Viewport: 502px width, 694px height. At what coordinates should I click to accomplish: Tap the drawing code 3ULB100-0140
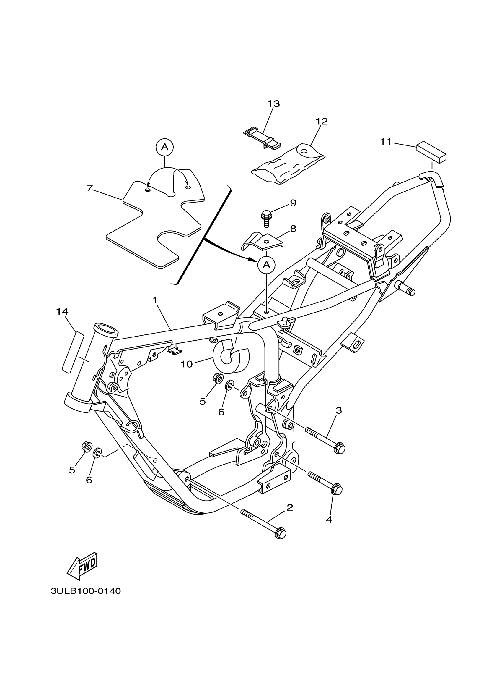click(x=86, y=599)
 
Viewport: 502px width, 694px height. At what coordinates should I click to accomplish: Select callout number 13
click(x=274, y=104)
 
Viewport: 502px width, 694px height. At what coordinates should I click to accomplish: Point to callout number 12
click(x=321, y=122)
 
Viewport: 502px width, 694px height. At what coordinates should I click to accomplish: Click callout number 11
click(x=386, y=142)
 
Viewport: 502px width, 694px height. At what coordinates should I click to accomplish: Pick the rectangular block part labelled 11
click(x=431, y=152)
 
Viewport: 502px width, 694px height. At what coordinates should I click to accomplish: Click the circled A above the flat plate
click(x=165, y=147)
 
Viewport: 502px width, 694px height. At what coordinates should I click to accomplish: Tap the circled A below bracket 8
click(x=266, y=265)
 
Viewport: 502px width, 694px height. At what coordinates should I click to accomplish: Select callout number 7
click(x=89, y=188)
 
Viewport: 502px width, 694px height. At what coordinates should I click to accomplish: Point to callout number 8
click(x=293, y=229)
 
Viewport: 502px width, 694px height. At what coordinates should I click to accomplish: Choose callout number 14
click(x=62, y=311)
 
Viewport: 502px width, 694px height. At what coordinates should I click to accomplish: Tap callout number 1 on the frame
click(x=155, y=300)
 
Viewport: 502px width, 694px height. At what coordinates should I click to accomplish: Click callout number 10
click(x=186, y=364)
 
